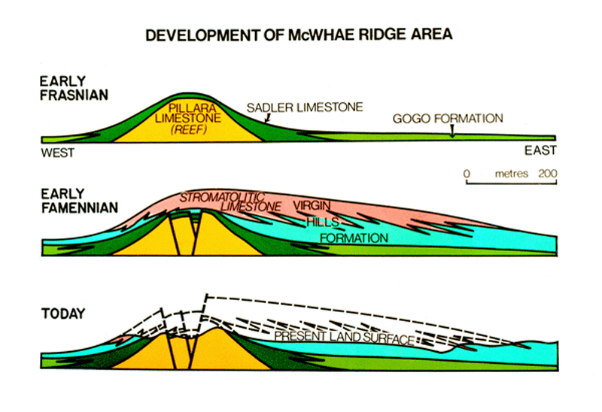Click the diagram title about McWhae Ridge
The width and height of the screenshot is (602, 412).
299,35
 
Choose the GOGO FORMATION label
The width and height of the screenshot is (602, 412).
448,119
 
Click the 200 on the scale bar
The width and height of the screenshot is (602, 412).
547,174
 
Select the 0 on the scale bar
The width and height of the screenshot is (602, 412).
467,174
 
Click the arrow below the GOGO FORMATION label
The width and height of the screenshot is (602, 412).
451,132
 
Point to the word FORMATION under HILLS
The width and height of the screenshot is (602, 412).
354,238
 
